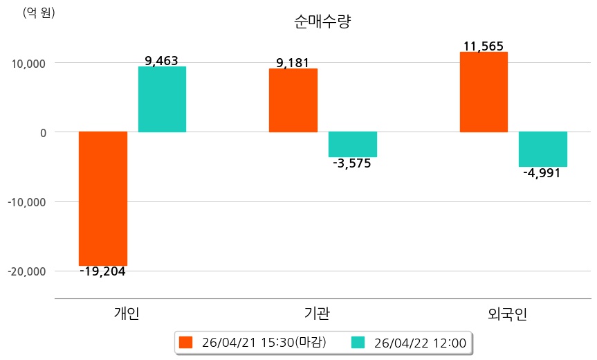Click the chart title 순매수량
tap(323, 21)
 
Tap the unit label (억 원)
tap(39, 12)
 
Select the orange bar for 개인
tap(103, 198)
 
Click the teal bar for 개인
tap(162, 99)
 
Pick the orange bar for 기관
tap(293, 100)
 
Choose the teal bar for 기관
tap(352, 144)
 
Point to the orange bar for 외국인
tap(484, 91)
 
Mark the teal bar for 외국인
tap(543, 149)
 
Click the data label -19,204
tap(102, 271)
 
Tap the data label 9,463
tap(162, 60)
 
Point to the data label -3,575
tap(352, 164)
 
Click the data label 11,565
tap(484, 46)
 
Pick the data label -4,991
tap(542, 173)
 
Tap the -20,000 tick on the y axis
tap(24, 271)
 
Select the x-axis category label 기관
tap(317, 314)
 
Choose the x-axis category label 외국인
tap(507, 314)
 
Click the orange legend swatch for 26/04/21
tap(185, 342)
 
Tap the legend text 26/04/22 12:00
tap(420, 342)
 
